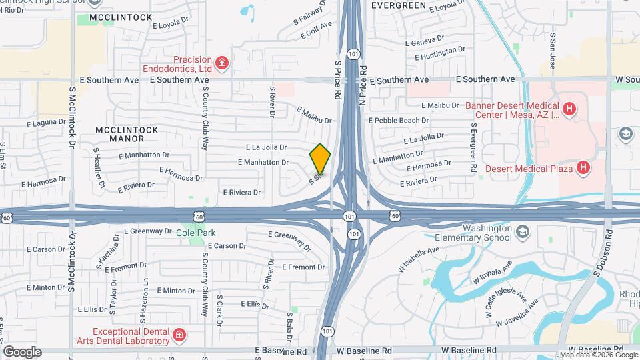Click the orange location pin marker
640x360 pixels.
[x=321, y=159]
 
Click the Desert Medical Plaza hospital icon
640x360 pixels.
[x=583, y=168]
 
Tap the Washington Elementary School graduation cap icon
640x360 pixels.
[x=523, y=231]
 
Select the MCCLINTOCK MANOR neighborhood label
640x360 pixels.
[x=127, y=134]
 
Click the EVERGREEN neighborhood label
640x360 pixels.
[x=398, y=5]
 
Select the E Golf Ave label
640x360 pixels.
[x=317, y=26]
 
